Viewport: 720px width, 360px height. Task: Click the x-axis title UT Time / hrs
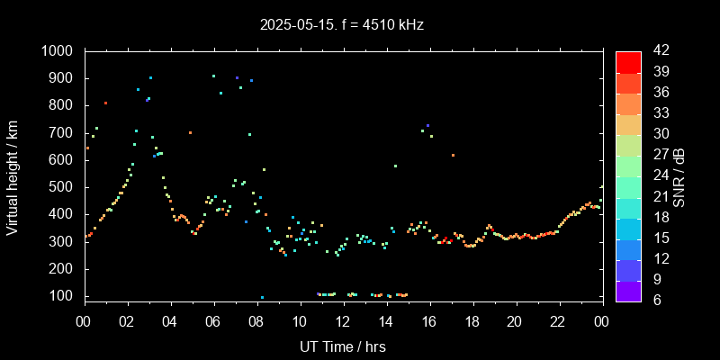pos(343,346)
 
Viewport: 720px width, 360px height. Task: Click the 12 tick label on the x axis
pos(343,321)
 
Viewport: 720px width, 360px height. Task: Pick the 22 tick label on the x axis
pos(558,321)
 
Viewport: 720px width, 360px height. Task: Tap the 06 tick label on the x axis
pos(213,321)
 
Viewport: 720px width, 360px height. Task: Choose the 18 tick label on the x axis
pos(472,321)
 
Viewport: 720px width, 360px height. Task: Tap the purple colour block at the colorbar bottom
pos(628,290)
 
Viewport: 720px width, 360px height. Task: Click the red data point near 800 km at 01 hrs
pos(105,103)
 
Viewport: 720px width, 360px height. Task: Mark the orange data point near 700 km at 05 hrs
pos(190,132)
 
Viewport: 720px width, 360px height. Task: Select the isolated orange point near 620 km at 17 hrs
pos(453,155)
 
